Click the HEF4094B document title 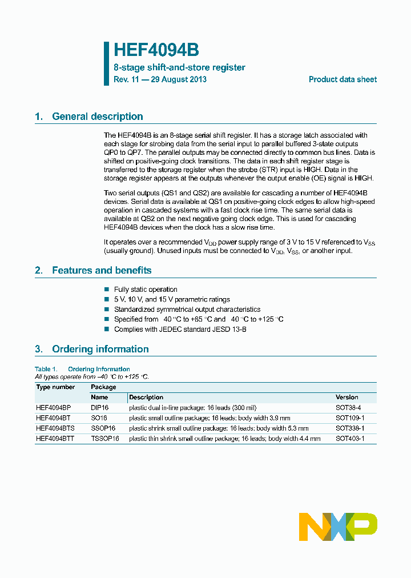point(156,50)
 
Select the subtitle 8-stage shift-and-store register point(179,67)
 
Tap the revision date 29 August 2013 point(179,79)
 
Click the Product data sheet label point(342,79)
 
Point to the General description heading point(97,117)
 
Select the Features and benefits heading point(101,270)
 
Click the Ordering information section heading point(100,349)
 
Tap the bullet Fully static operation point(146,290)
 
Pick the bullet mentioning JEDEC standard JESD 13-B point(180,330)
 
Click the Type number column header point(55,387)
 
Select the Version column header point(347,397)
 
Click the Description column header point(146,397)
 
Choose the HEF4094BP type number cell point(54,408)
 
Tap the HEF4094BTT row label point(56,439)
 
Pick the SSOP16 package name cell point(103,428)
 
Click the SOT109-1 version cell point(350,418)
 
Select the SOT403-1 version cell point(350,439)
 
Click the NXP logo point(338,527)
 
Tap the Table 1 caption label point(46,369)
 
